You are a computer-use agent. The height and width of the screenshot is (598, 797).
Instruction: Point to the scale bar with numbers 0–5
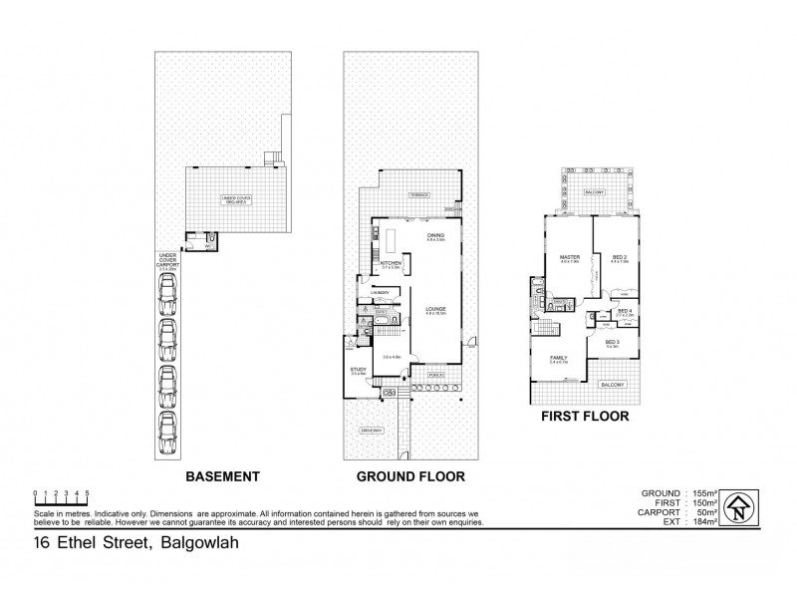62,497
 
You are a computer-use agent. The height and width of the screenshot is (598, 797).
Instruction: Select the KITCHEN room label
391,262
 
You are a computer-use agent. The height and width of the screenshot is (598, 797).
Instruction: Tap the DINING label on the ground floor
433,235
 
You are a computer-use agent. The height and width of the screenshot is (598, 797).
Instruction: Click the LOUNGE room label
433,309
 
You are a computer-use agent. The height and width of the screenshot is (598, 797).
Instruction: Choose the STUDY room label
358,370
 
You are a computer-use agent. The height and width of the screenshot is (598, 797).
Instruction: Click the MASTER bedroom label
569,257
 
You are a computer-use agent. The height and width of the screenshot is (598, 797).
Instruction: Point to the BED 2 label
618,257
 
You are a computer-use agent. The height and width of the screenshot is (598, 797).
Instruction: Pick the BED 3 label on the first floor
612,342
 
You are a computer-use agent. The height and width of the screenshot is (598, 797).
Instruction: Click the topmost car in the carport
166,293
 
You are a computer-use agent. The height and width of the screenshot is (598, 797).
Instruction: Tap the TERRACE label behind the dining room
417,196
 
